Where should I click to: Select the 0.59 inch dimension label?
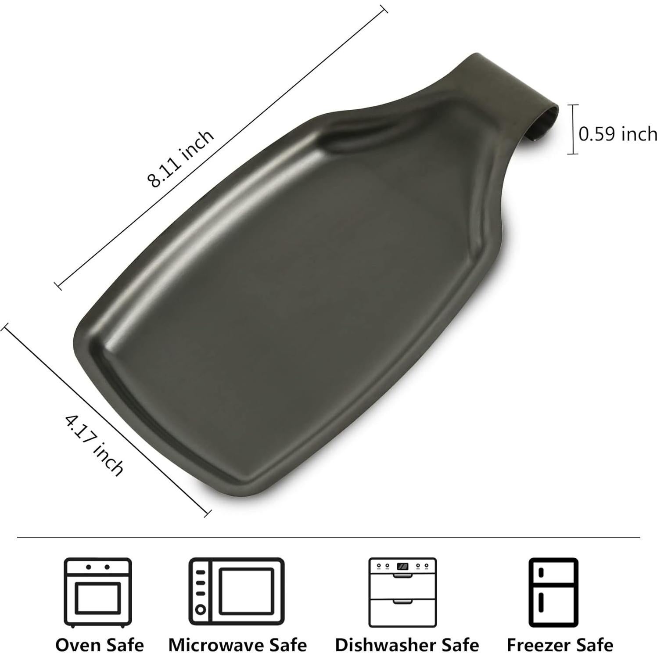(x=617, y=133)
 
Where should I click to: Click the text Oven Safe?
(x=100, y=645)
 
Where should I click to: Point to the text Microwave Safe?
(x=237, y=645)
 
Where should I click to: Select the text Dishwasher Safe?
(x=407, y=645)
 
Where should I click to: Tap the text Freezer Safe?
(x=560, y=645)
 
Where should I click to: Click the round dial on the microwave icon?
(x=201, y=609)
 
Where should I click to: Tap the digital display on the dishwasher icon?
(x=402, y=567)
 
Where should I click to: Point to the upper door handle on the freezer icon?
(x=541, y=572)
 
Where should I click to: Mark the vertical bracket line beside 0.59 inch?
(x=572, y=129)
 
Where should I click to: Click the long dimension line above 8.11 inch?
(x=219, y=147)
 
